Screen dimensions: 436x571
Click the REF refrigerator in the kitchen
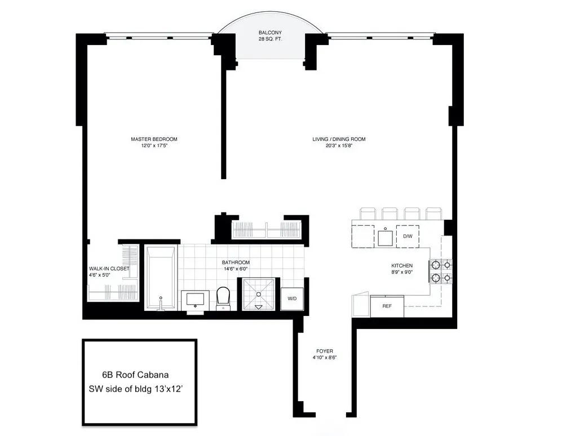[387, 306]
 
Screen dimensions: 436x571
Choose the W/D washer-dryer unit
[293, 298]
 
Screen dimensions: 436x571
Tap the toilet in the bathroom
[224, 297]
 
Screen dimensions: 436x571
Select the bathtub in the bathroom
[161, 278]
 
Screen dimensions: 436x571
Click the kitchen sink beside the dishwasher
[386, 237]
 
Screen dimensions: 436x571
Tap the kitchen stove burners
[440, 270]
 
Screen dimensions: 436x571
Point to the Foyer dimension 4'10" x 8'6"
[324, 357]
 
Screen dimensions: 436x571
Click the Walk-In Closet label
[109, 269]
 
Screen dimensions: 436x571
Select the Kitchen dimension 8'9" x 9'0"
[402, 273]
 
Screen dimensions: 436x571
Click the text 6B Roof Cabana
[135, 374]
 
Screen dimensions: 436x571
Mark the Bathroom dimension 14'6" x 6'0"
[236, 269]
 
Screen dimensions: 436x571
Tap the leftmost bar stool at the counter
[366, 213]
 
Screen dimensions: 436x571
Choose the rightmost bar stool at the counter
[433, 213]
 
